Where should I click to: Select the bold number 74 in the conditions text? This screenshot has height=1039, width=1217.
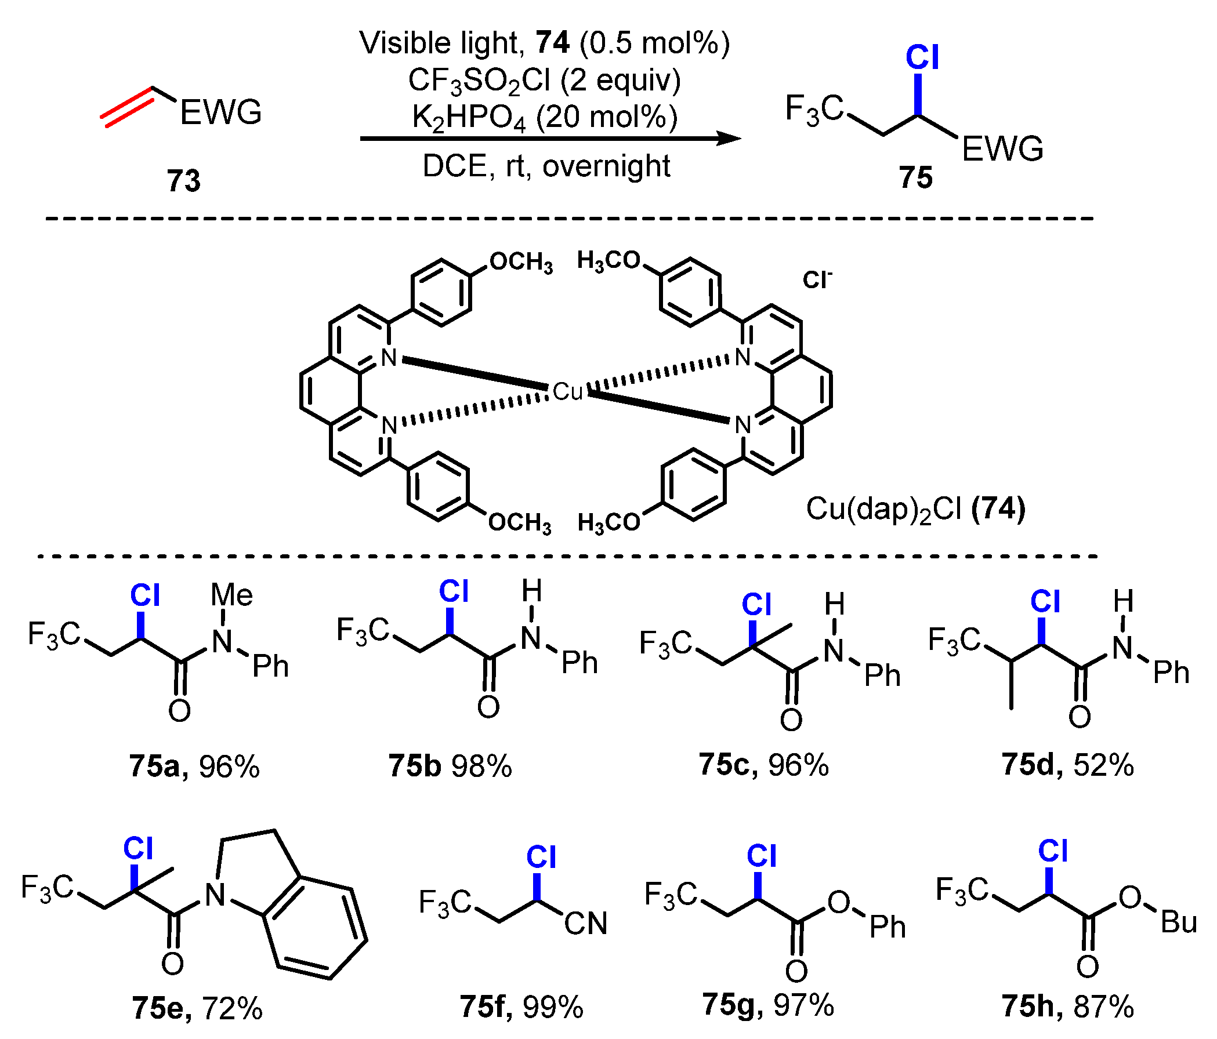click(x=553, y=43)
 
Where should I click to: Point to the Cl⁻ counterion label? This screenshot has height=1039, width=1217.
click(x=817, y=280)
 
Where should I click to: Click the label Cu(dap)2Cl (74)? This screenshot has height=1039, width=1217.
click(x=915, y=509)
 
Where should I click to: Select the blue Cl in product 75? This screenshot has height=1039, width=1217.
click(x=922, y=58)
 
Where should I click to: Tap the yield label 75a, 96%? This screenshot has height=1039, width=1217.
click(x=194, y=766)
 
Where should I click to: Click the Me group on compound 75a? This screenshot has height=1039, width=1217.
click(x=232, y=595)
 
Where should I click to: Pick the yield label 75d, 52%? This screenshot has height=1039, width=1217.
click(x=1067, y=764)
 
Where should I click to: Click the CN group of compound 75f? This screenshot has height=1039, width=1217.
click(x=586, y=924)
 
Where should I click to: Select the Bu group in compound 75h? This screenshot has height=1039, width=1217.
click(x=1178, y=922)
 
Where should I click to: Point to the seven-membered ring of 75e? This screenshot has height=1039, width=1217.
click(x=317, y=928)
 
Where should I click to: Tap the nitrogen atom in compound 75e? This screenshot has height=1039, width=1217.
click(x=215, y=895)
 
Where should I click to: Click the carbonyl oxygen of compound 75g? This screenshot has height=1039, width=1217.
click(x=796, y=972)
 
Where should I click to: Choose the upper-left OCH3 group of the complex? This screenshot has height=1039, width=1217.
click(x=521, y=263)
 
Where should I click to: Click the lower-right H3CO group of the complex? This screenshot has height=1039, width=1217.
click(x=609, y=522)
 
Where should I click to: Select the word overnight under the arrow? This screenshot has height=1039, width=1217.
click(x=606, y=166)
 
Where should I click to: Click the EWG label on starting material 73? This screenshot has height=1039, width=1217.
click(x=220, y=112)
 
